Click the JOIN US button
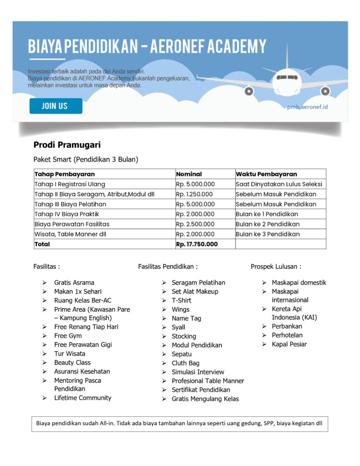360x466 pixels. [x=56, y=106]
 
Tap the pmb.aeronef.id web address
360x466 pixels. [x=307, y=106]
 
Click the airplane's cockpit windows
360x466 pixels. [x=287, y=77]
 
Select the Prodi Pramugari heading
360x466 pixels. [x=67, y=145]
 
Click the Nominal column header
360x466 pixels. [x=189, y=174]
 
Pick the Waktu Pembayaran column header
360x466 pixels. [x=266, y=174]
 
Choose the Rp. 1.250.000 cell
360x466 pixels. [x=195, y=194]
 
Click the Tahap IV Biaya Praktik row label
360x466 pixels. [x=67, y=214]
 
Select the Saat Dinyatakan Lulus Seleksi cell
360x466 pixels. [x=279, y=184]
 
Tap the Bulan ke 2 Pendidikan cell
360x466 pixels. [x=268, y=224]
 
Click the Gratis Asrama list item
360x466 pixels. [x=74, y=283]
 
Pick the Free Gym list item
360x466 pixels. [x=68, y=336]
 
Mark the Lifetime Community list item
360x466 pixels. [x=83, y=398]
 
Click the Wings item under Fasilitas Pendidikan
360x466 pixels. [x=181, y=309]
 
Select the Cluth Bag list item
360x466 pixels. [x=185, y=363]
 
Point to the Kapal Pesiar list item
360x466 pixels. [x=289, y=344]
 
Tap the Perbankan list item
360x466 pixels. [x=287, y=326]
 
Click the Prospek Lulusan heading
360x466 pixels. [x=276, y=266]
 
